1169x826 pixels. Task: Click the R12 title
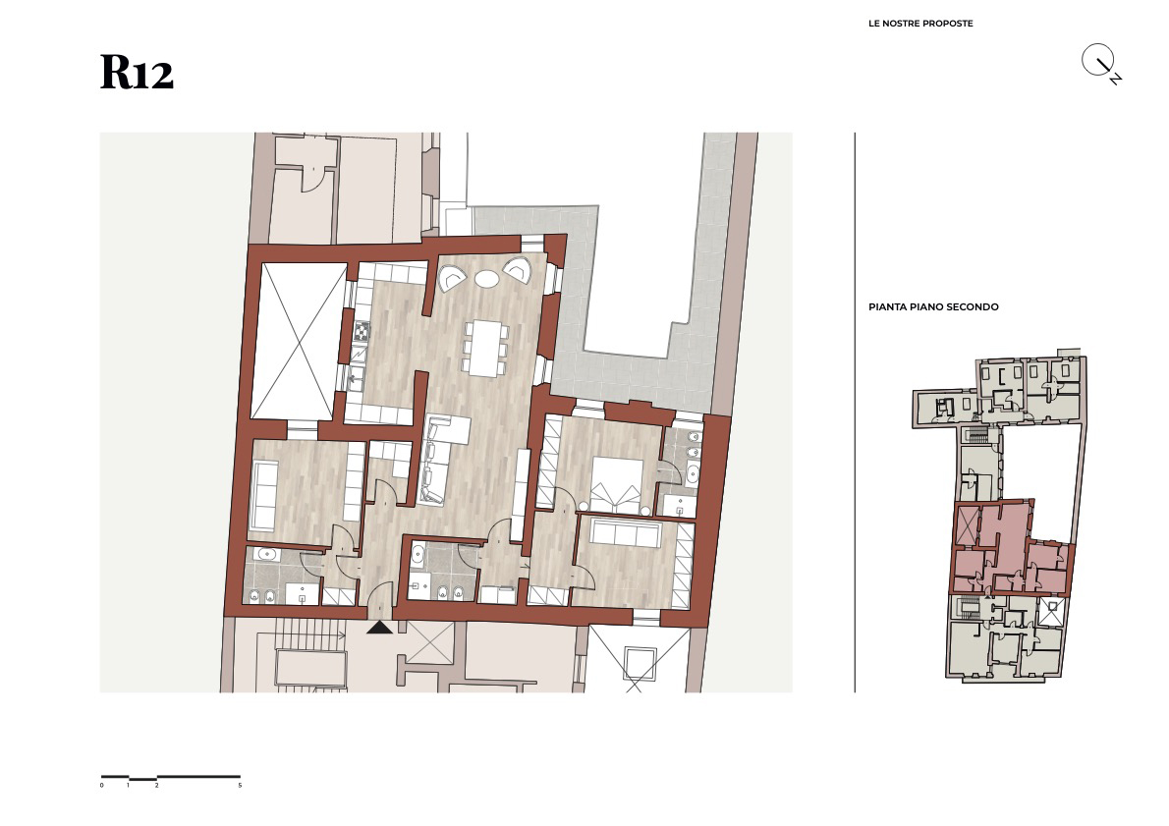[138, 73]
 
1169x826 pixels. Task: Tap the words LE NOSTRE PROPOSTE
[920, 24]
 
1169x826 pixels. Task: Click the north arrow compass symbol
[1101, 64]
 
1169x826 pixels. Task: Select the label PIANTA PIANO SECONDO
[932, 306]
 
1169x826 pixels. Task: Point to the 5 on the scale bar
[240, 785]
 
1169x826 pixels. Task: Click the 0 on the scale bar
[102, 785]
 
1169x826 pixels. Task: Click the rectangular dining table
[484, 348]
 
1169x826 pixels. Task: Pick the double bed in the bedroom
[617, 485]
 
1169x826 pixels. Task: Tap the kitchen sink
[356, 379]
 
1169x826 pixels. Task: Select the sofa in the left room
[264, 493]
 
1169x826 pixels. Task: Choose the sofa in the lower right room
[626, 533]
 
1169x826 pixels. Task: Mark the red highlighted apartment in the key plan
[1012, 547]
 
